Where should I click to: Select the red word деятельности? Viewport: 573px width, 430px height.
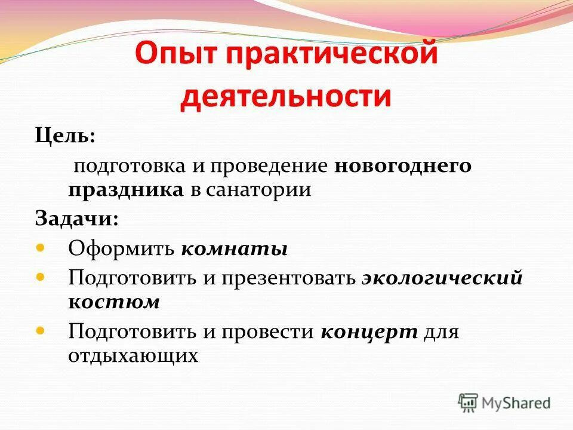coord(286,96)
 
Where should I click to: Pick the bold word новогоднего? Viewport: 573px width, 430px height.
coord(403,165)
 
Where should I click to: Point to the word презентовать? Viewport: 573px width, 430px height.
coord(288,278)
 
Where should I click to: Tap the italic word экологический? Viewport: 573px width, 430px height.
coord(442,278)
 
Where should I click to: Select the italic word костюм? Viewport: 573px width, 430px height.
coord(114,302)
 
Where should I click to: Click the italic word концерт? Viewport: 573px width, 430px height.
coord(369,331)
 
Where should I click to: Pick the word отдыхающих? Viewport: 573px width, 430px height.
coord(133,356)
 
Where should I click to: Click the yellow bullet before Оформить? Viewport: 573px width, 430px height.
coord(41,247)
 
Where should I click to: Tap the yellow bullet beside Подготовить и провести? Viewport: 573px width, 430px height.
coord(41,330)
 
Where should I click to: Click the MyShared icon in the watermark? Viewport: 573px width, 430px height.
coord(468,403)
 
